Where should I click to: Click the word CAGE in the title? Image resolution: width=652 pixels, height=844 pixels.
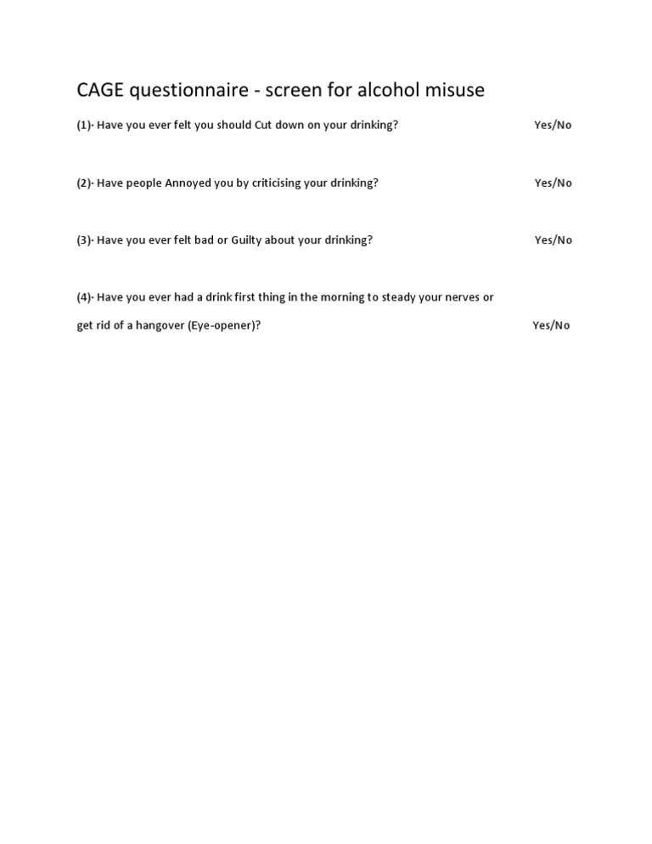coord(100,90)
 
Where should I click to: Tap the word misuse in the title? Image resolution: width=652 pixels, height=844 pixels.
coord(455,90)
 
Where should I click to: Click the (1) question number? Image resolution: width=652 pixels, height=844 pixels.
coord(84,125)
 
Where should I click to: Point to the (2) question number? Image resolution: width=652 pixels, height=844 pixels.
coord(84,183)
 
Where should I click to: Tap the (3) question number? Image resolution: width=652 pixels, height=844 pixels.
coord(84,240)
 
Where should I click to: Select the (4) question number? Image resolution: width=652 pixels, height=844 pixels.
coord(84,297)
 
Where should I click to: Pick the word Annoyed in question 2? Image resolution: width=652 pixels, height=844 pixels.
coord(188,183)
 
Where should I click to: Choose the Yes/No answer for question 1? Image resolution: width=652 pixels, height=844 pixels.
coord(553,125)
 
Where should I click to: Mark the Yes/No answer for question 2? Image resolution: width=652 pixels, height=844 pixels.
coord(553,183)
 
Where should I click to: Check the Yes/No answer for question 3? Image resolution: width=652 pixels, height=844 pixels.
coord(553,240)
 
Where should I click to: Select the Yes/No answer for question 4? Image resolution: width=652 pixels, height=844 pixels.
coord(551,325)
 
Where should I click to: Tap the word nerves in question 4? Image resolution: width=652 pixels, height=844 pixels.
coord(457,297)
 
